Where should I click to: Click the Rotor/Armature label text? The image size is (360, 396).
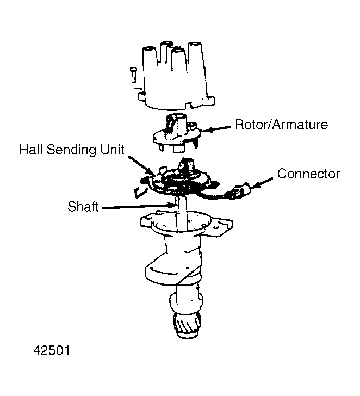pyautogui.click(x=281, y=125)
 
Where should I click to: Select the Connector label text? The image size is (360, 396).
pyautogui.click(x=308, y=174)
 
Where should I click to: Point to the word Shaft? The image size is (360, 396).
pyautogui.click(x=83, y=207)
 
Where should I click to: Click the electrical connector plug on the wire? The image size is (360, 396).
pyautogui.click(x=240, y=193)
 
